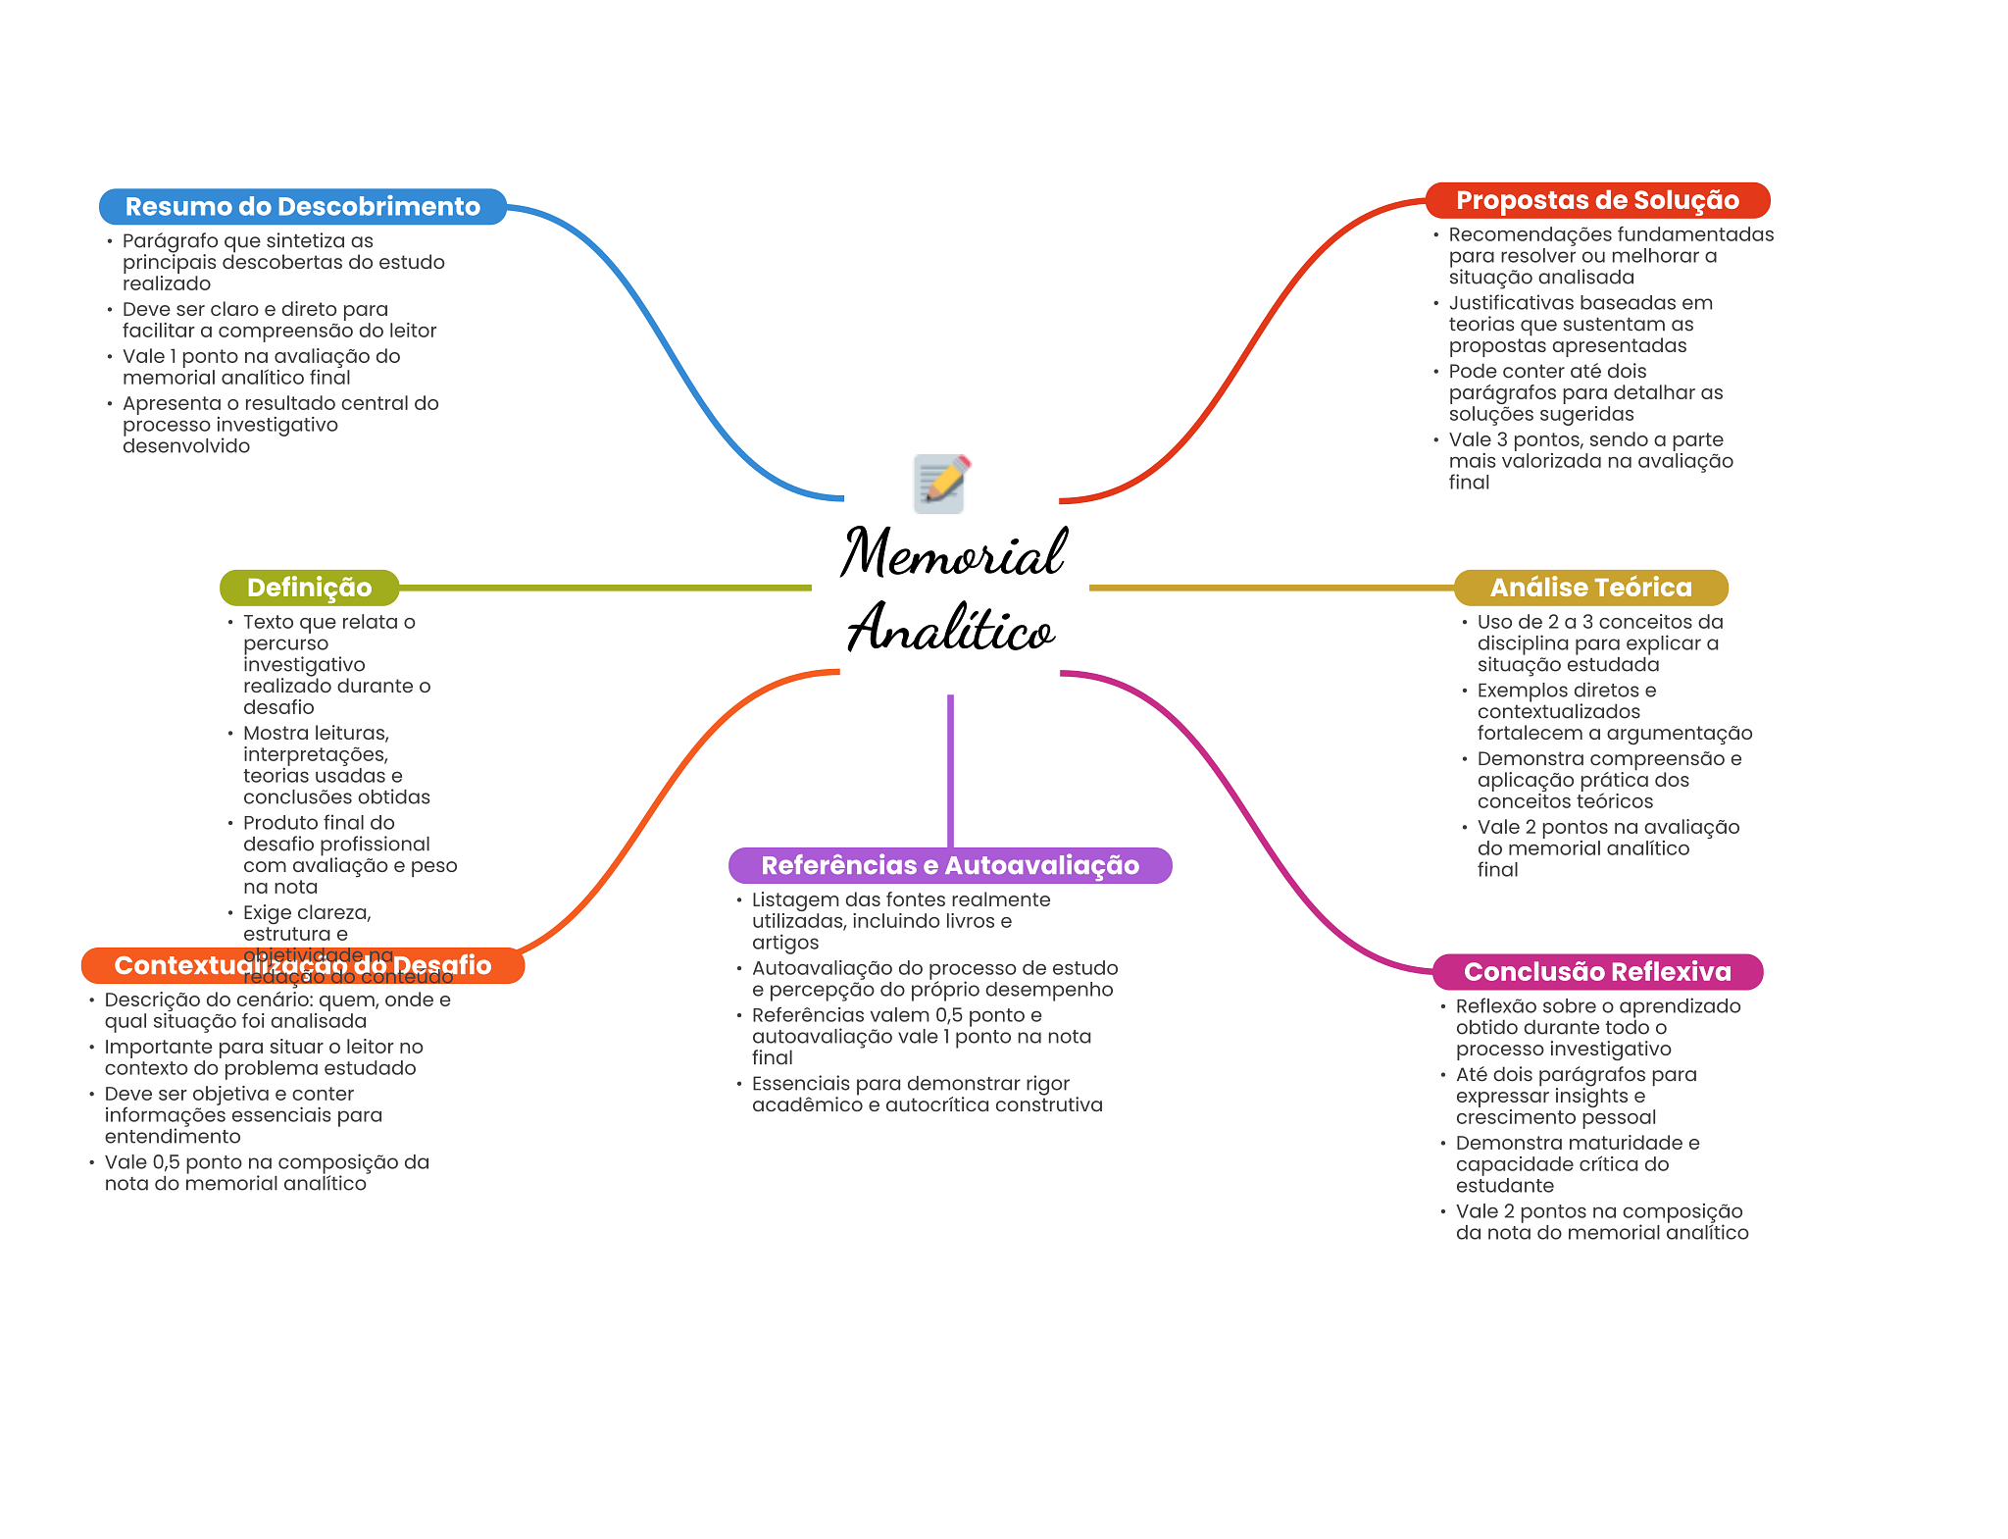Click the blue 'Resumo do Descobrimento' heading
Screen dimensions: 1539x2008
pos(302,207)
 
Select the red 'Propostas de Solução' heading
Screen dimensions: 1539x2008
pos(1597,201)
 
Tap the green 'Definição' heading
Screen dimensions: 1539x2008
pos(309,588)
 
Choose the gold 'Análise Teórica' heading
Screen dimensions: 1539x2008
pos(1590,588)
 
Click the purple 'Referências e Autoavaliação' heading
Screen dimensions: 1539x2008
pos(949,865)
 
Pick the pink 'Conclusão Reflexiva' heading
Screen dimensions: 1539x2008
pos(1597,972)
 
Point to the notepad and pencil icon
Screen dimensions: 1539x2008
pos(940,483)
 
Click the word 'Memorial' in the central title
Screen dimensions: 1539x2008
pos(952,553)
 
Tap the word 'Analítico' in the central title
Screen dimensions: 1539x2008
pos(950,629)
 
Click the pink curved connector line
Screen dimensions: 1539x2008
pos(1245,814)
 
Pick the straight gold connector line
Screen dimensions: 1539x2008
pos(1271,588)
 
